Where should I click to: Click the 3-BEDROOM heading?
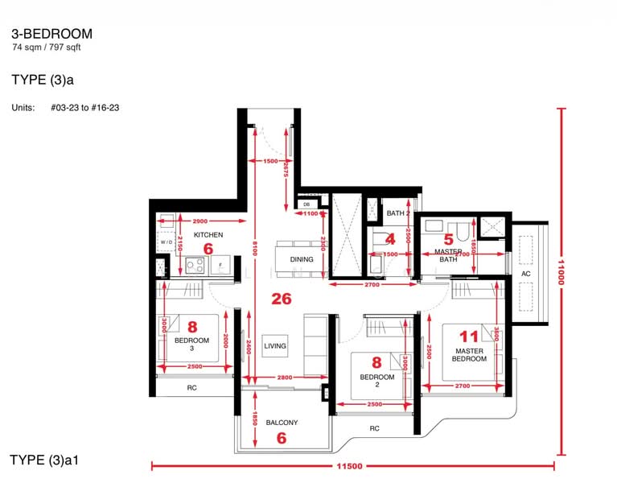51,34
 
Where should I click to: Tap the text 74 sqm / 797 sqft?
47,48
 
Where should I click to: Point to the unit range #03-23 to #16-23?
85,107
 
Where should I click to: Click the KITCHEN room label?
208,235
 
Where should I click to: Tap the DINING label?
302,259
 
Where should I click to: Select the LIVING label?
275,346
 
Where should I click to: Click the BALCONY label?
282,423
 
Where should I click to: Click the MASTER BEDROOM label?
471,355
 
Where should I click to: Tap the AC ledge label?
526,274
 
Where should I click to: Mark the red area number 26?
281,299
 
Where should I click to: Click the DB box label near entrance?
307,205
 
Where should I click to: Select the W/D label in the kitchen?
167,242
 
